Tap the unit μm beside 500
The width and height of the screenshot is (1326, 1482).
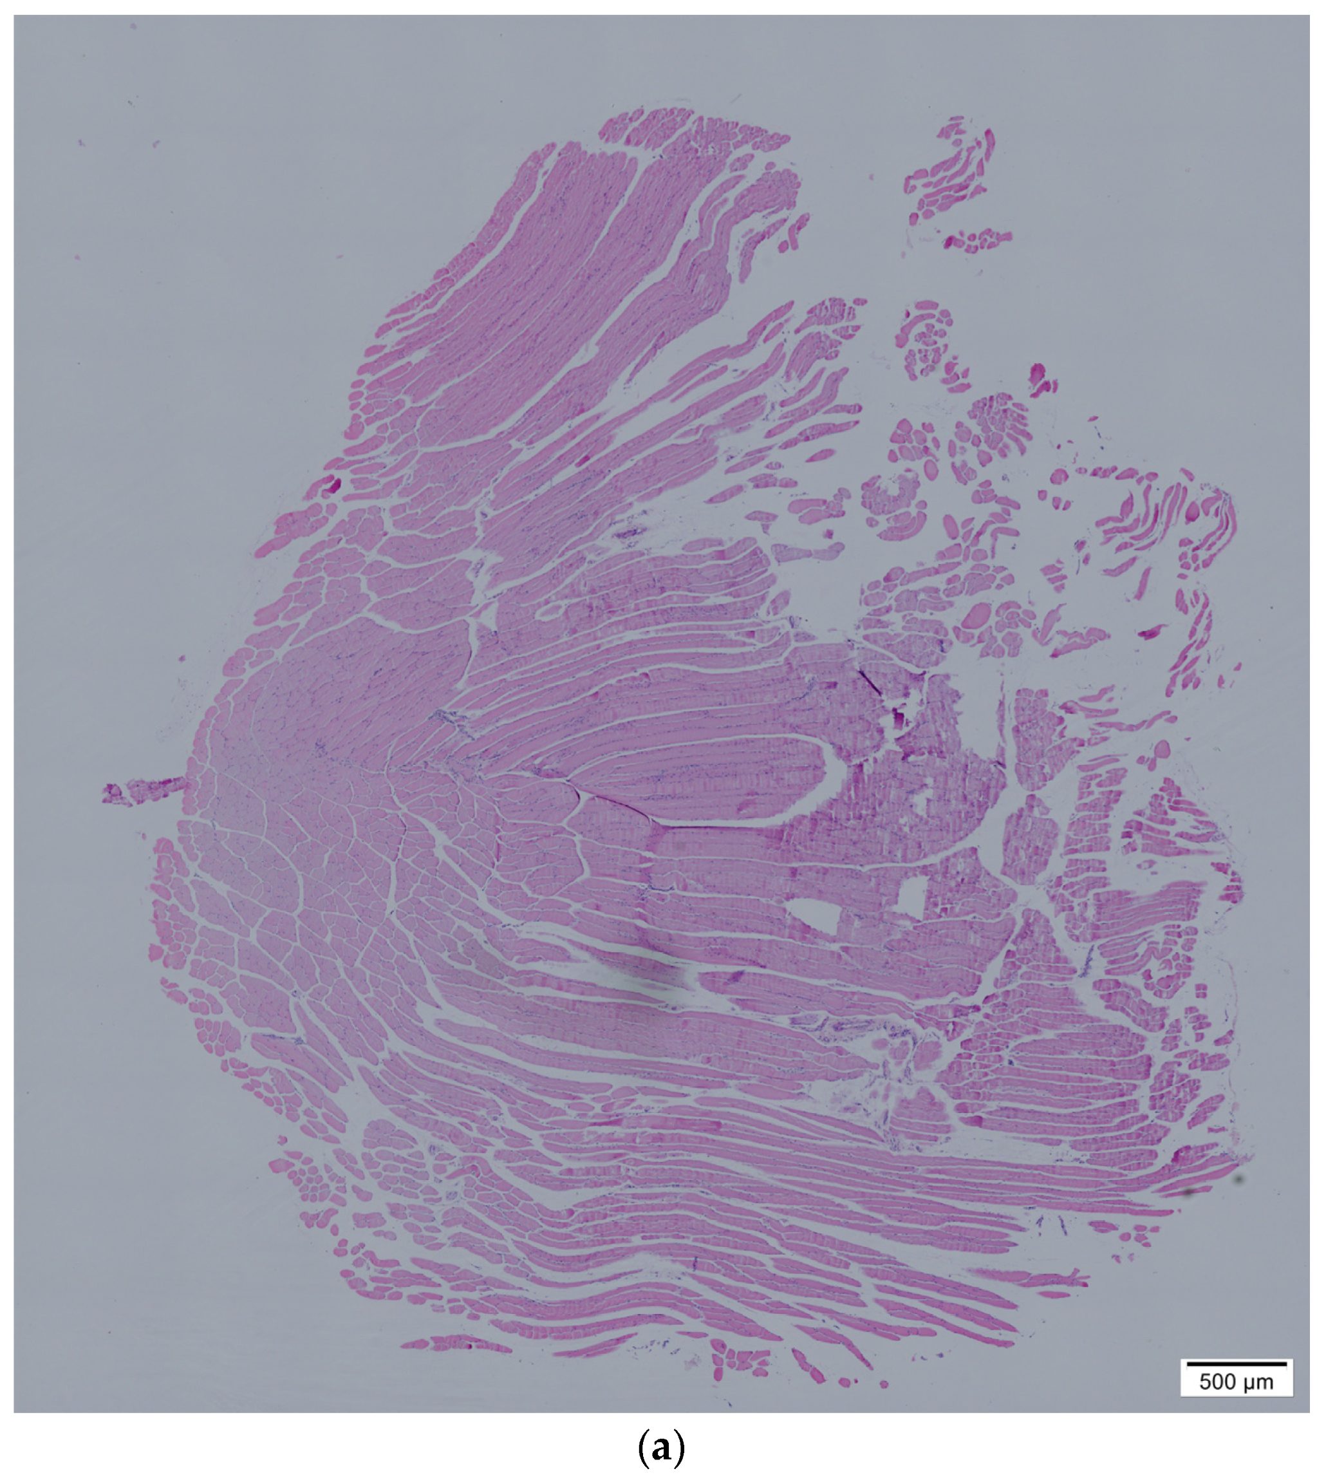tap(1259, 1382)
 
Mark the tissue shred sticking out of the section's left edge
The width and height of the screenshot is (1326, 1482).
tap(142, 790)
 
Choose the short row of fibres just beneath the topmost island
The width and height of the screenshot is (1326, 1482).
tap(980, 239)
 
